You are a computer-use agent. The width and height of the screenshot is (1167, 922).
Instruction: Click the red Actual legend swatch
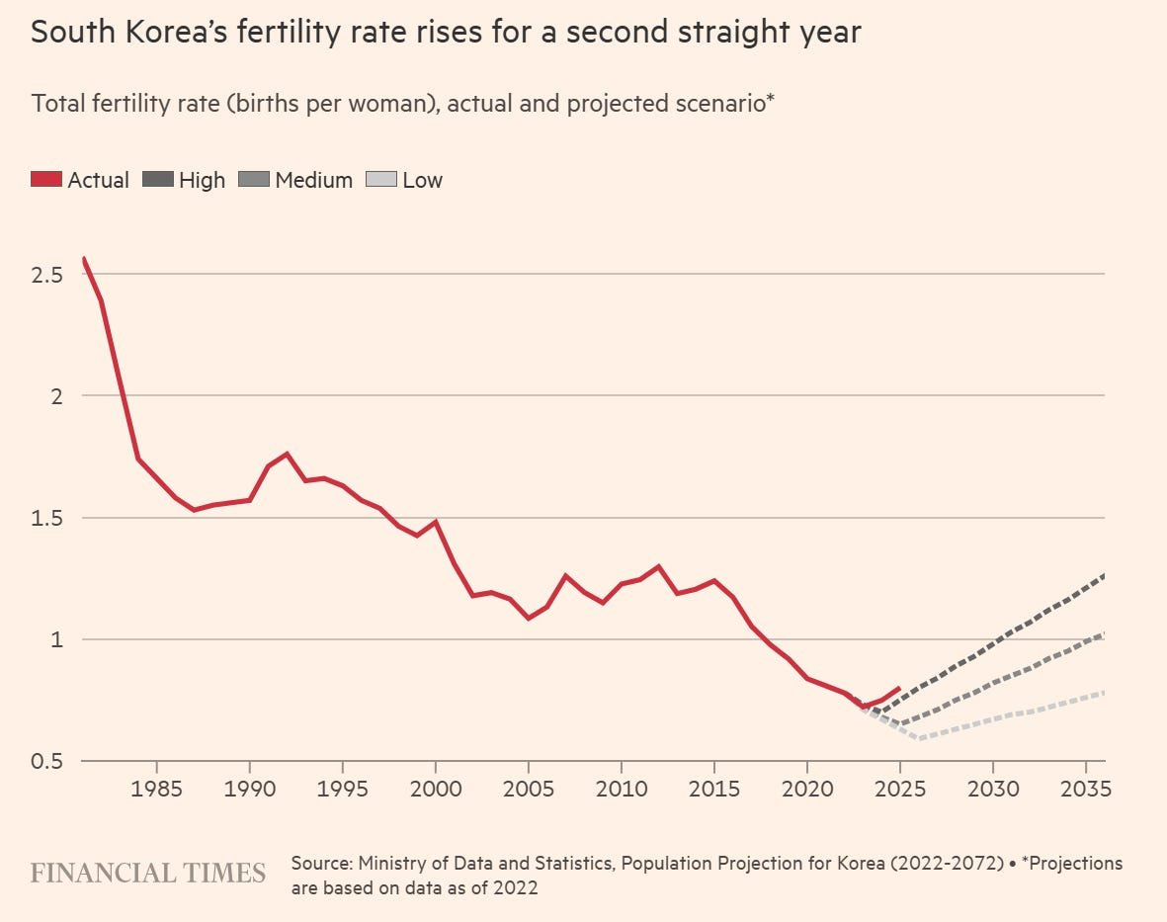pyautogui.click(x=46, y=180)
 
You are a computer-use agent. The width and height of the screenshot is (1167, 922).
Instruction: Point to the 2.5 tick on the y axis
pyautogui.click(x=48, y=274)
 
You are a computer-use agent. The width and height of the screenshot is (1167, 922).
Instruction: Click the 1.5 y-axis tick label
pyautogui.click(x=48, y=518)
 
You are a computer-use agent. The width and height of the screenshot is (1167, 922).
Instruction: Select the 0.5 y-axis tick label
pyautogui.click(x=48, y=762)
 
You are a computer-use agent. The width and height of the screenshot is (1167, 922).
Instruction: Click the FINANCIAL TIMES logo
pyautogui.click(x=148, y=873)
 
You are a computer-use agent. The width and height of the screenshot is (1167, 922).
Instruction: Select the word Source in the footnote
pyautogui.click(x=321, y=863)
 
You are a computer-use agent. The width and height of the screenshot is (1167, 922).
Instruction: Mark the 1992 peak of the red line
pyautogui.click(x=287, y=454)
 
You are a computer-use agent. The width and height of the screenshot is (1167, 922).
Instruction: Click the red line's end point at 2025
pyautogui.click(x=899, y=688)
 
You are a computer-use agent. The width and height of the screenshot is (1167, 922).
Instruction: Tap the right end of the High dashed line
pyautogui.click(x=1104, y=574)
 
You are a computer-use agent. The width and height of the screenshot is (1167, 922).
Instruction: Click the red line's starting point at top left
pyautogui.click(x=84, y=258)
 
